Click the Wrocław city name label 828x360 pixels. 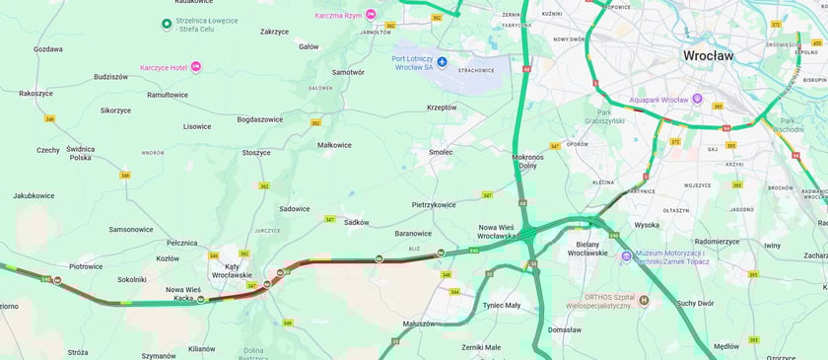(708, 56)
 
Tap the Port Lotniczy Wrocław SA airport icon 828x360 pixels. (442, 62)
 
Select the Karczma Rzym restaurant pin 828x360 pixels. (371, 14)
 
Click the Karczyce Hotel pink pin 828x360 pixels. (195, 66)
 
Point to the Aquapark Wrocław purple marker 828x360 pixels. (697, 100)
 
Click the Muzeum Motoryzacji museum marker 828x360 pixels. (626, 256)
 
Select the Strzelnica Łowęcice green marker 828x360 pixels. (166, 24)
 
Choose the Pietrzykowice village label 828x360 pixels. (434, 205)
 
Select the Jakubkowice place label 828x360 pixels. (33, 195)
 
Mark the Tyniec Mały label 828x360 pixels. (501, 305)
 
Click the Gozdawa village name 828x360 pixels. (47, 48)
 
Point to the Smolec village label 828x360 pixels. (441, 152)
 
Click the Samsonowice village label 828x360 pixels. (131, 229)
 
